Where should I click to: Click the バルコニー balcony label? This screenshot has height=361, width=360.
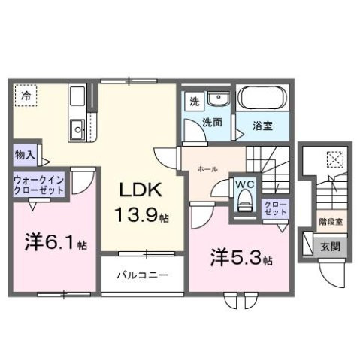pos(141,275)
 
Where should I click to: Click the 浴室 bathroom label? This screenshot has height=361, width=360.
pos(262,126)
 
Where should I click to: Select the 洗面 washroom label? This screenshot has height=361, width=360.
pos(211,122)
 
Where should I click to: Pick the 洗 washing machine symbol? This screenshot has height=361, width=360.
pos(194,102)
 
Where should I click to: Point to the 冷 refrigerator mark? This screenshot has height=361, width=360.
pos(26,96)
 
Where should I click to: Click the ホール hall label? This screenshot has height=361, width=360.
pos(208,169)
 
